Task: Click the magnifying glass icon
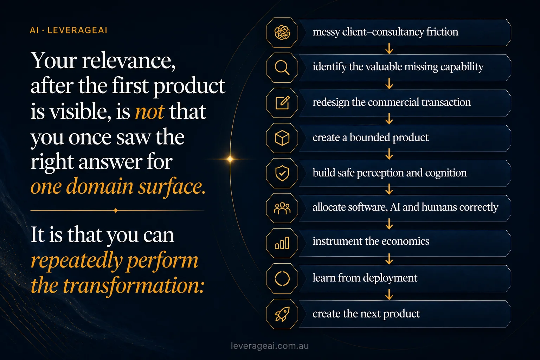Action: [x=282, y=67]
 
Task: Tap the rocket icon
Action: [x=282, y=314]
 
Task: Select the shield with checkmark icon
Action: [x=282, y=173]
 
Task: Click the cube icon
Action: [x=282, y=138]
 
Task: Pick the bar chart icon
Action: [x=282, y=243]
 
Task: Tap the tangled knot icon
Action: [x=282, y=33]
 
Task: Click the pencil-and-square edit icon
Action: [x=282, y=103]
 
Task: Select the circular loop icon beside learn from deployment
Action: [x=282, y=278]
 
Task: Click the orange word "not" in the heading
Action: [x=150, y=112]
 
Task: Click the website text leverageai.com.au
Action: [x=270, y=346]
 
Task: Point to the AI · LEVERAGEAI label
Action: [x=69, y=30]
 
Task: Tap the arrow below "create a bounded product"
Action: [x=389, y=154]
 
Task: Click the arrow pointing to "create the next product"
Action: [x=389, y=295]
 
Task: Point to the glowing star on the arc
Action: [x=230, y=159]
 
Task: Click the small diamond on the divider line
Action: [x=116, y=211]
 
